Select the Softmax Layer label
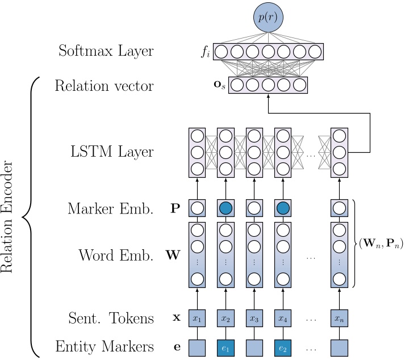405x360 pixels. tap(106, 52)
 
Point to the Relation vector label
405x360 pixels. tap(103, 86)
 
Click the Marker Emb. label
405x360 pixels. tap(110, 208)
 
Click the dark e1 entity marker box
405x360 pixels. tap(225, 346)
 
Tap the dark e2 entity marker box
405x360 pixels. tap(282, 346)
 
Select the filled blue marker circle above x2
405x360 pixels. tap(225, 208)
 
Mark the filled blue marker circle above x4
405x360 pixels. tap(282, 208)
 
